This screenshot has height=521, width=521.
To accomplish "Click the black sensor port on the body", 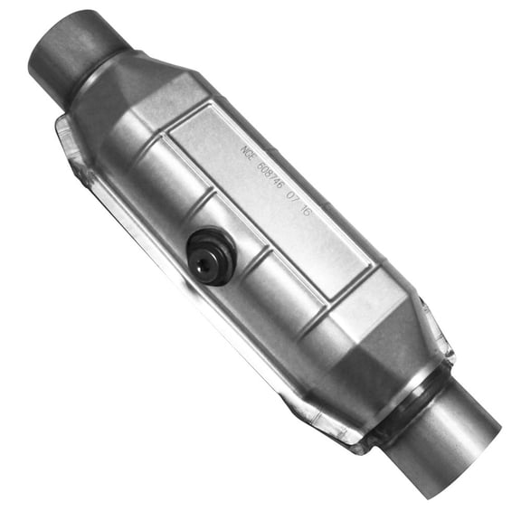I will [x=211, y=256].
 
